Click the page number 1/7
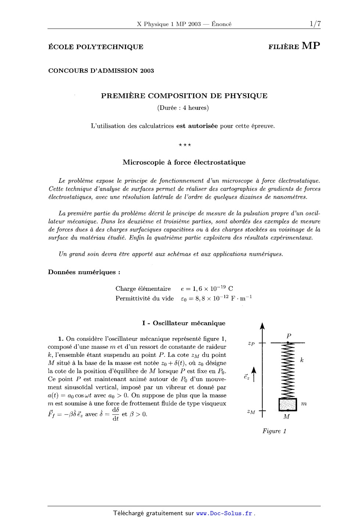pyautogui.click(x=315, y=24)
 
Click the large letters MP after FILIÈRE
pyautogui.click(x=311, y=46)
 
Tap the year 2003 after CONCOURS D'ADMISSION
pyautogui.click(x=147, y=70)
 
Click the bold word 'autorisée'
pyautogui.click(x=197, y=126)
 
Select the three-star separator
pyautogui.click(x=184, y=145)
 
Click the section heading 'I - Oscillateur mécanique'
pyautogui.click(x=184, y=323)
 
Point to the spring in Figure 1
pyautogui.click(x=288, y=371)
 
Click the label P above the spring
pyautogui.click(x=289, y=336)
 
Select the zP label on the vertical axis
pyautogui.click(x=251, y=344)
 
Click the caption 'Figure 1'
pyautogui.click(x=274, y=431)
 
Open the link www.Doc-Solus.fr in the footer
pyautogui.click(x=224, y=513)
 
